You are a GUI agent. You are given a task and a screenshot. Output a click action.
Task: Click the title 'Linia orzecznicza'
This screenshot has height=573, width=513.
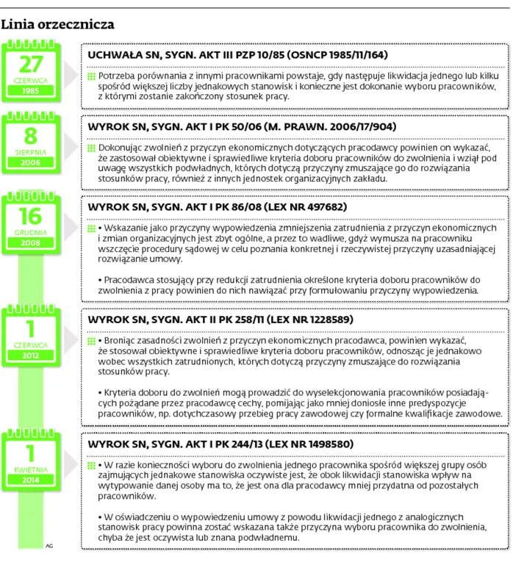[58, 24]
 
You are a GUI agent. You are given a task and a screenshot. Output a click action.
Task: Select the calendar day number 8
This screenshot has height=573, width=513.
[31, 135]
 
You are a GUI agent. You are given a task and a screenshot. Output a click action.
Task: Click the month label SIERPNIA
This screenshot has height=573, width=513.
[31, 152]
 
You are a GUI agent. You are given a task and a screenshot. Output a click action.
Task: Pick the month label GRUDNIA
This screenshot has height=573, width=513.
[31, 231]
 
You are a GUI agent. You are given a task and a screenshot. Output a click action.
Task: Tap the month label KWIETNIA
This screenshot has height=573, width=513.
[31, 469]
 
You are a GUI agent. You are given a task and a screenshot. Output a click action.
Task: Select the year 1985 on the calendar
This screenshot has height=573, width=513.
[31, 90]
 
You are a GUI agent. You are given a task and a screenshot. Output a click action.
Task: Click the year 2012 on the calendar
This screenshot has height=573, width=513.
[31, 355]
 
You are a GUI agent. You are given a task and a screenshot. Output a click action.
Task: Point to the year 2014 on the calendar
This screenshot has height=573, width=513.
[31, 480]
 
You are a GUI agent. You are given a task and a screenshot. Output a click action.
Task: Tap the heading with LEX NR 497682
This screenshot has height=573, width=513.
[217, 207]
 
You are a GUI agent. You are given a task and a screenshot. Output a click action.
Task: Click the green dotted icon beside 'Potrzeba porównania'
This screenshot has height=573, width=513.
[91, 76]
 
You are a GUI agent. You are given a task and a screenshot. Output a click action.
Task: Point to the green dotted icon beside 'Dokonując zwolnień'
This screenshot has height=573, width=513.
[91, 148]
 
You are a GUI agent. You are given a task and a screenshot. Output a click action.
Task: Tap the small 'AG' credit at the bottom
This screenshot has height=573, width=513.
[49, 546]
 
